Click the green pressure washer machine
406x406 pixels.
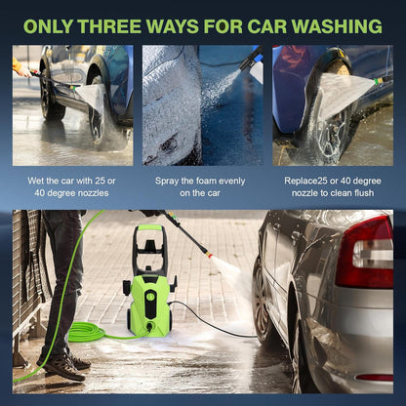click(x=149, y=293)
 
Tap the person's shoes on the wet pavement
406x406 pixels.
click(x=65, y=366)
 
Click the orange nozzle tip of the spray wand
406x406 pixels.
click(x=208, y=255)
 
